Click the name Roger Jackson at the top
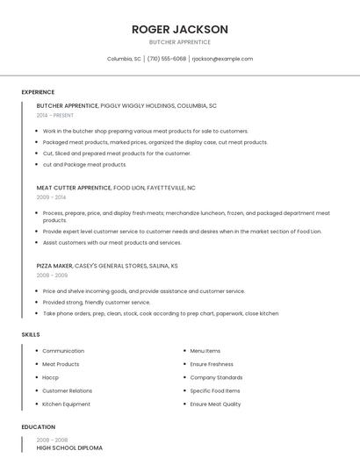tap(180, 29)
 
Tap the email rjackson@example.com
tap(222, 59)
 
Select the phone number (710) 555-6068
tap(166, 59)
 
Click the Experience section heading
tap(38, 92)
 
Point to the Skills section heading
tap(31, 334)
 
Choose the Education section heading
tap(38, 427)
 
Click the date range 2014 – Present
tap(55, 115)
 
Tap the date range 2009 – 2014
tap(51, 197)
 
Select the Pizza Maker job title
tap(54, 265)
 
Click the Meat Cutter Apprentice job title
tap(74, 188)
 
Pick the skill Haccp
tap(51, 377)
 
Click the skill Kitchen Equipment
tap(66, 404)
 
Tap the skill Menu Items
tap(205, 351)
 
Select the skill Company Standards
tap(216, 377)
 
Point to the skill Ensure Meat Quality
tap(215, 404)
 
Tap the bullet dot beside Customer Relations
tap(37, 391)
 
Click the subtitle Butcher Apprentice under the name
tap(180, 42)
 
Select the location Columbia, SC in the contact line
tap(124, 59)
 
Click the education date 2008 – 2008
tap(52, 440)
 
